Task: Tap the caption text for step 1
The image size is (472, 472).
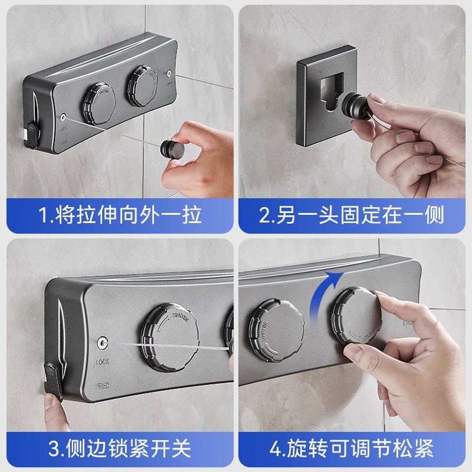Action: pos(120,214)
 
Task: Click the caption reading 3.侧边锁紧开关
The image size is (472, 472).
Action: pos(120,448)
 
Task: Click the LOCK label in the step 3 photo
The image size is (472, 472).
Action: pos(103,361)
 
